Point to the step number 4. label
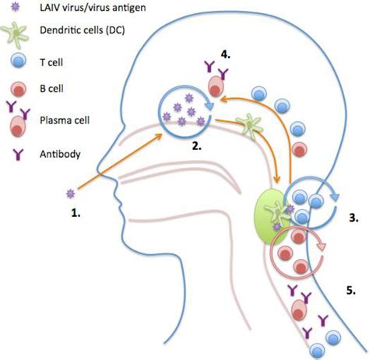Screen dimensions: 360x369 tap(226, 55)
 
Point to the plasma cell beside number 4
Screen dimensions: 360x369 tap(214, 82)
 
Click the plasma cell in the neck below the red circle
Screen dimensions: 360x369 tap(299, 310)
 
